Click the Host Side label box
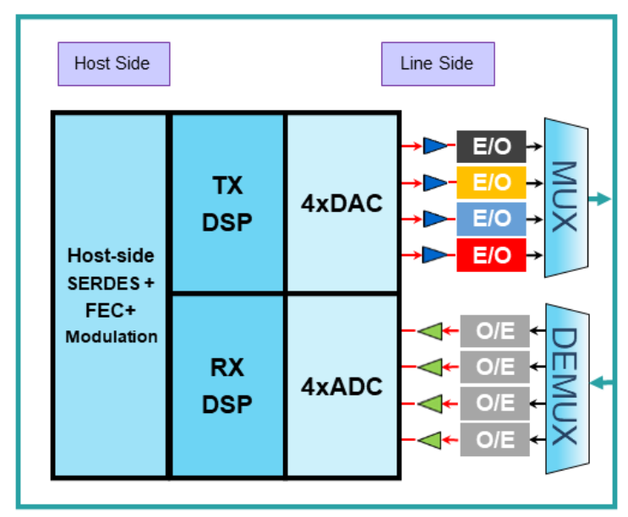tap(113, 63)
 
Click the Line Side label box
tap(437, 63)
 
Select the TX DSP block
tap(227, 204)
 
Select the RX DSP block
tap(227, 386)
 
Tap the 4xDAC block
tap(341, 204)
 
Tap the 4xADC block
tap(341, 386)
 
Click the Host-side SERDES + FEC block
tap(111, 295)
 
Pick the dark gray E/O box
tap(491, 146)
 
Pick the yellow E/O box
tap(491, 182)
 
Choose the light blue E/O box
tap(491, 218)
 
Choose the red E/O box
tap(491, 255)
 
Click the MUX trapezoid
tap(565, 198)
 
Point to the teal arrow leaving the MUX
tap(599, 199)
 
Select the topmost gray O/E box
tap(494, 330)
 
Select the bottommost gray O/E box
tap(494, 439)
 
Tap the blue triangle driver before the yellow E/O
tap(434, 182)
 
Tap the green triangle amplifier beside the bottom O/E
tap(431, 439)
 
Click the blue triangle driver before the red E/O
tap(434, 254)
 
